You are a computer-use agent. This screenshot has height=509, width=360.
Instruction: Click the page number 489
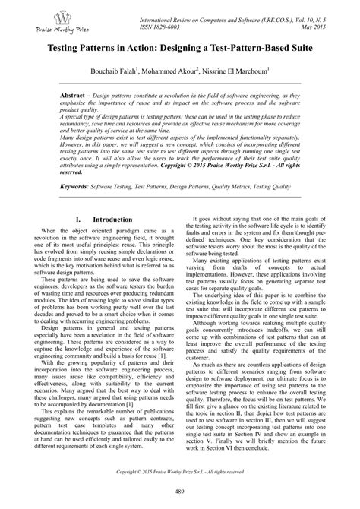180,495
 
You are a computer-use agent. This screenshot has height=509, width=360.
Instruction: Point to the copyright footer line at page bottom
180,472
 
